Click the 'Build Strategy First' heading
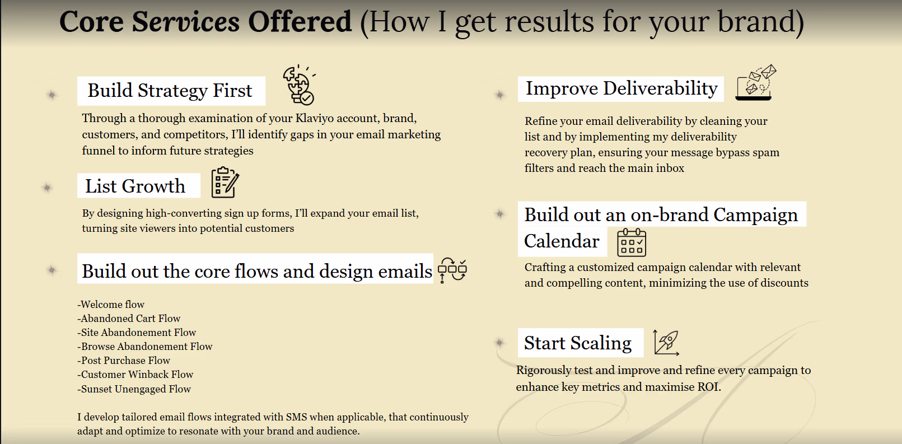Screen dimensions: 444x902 (170, 91)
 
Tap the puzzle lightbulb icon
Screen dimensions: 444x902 (298, 85)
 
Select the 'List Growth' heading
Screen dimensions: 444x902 (135, 186)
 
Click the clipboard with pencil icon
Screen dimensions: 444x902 (225, 183)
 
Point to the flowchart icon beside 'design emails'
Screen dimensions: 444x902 (452, 270)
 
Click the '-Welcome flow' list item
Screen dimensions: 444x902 (111, 305)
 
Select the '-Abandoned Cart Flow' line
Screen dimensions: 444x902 (129, 319)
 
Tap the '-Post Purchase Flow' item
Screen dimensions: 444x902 (124, 361)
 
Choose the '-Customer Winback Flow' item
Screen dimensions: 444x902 (135, 375)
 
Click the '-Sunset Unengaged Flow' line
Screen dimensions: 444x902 (134, 389)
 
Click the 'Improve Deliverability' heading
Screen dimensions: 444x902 (621, 88)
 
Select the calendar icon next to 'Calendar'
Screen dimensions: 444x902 (632, 242)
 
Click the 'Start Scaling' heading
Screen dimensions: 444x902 (578, 343)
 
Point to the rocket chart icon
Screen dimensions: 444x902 (666, 342)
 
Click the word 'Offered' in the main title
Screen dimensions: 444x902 (300, 22)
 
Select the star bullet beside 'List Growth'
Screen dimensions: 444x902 (48, 188)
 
